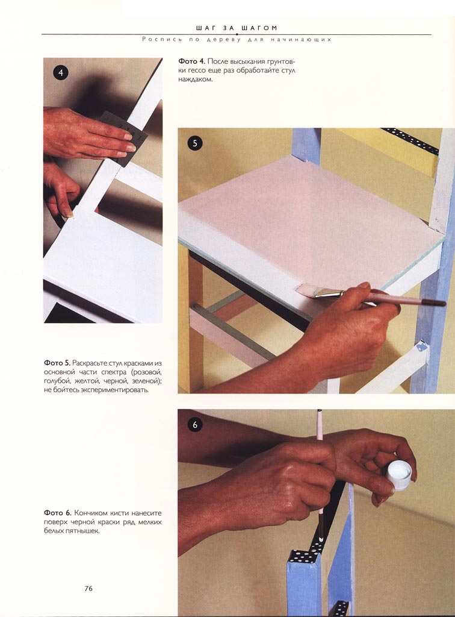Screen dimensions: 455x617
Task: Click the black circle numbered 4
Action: point(61,73)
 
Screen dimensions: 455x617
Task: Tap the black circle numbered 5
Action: point(195,143)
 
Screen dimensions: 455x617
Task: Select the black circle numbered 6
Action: point(195,425)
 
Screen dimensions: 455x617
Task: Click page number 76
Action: point(88,588)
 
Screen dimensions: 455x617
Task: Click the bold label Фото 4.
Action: point(191,61)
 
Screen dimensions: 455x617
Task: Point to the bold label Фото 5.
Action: point(57,362)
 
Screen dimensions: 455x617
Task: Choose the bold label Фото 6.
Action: point(57,513)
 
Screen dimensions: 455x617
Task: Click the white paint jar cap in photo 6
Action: point(400,474)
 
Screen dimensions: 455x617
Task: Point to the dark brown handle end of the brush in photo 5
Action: point(432,302)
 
